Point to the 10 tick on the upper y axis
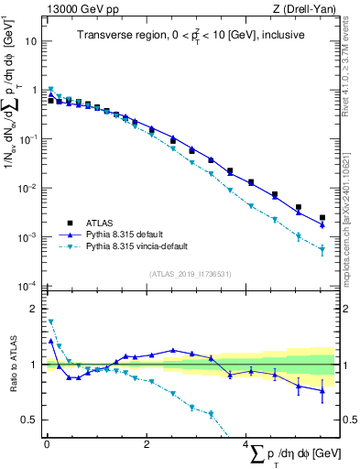[x=31, y=42]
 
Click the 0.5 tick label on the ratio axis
[x=29, y=420]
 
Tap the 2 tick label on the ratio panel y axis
[x=34, y=309]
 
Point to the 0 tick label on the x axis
[x=46, y=444]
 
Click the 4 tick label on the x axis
[x=245, y=444]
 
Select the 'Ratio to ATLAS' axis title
[x=10, y=365]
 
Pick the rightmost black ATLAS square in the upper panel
[x=322, y=218]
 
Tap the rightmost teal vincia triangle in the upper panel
[x=322, y=249]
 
